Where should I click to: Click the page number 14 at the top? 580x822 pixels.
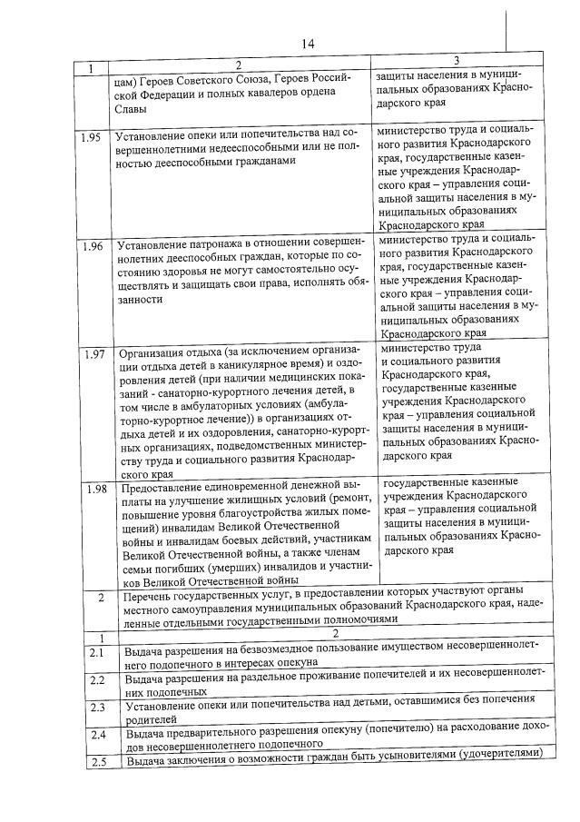click(307, 44)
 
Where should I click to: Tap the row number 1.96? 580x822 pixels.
click(92, 248)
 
